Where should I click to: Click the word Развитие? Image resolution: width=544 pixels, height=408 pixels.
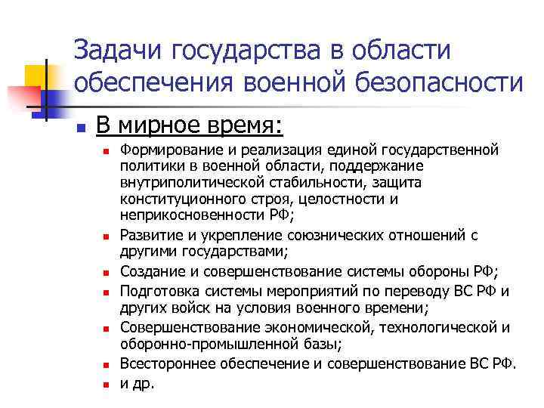[x=150, y=235]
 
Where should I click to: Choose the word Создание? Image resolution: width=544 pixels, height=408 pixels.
[x=152, y=271]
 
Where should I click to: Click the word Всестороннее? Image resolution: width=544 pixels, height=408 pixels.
[x=168, y=363]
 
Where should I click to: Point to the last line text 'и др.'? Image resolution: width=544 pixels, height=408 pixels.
[x=136, y=382]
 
